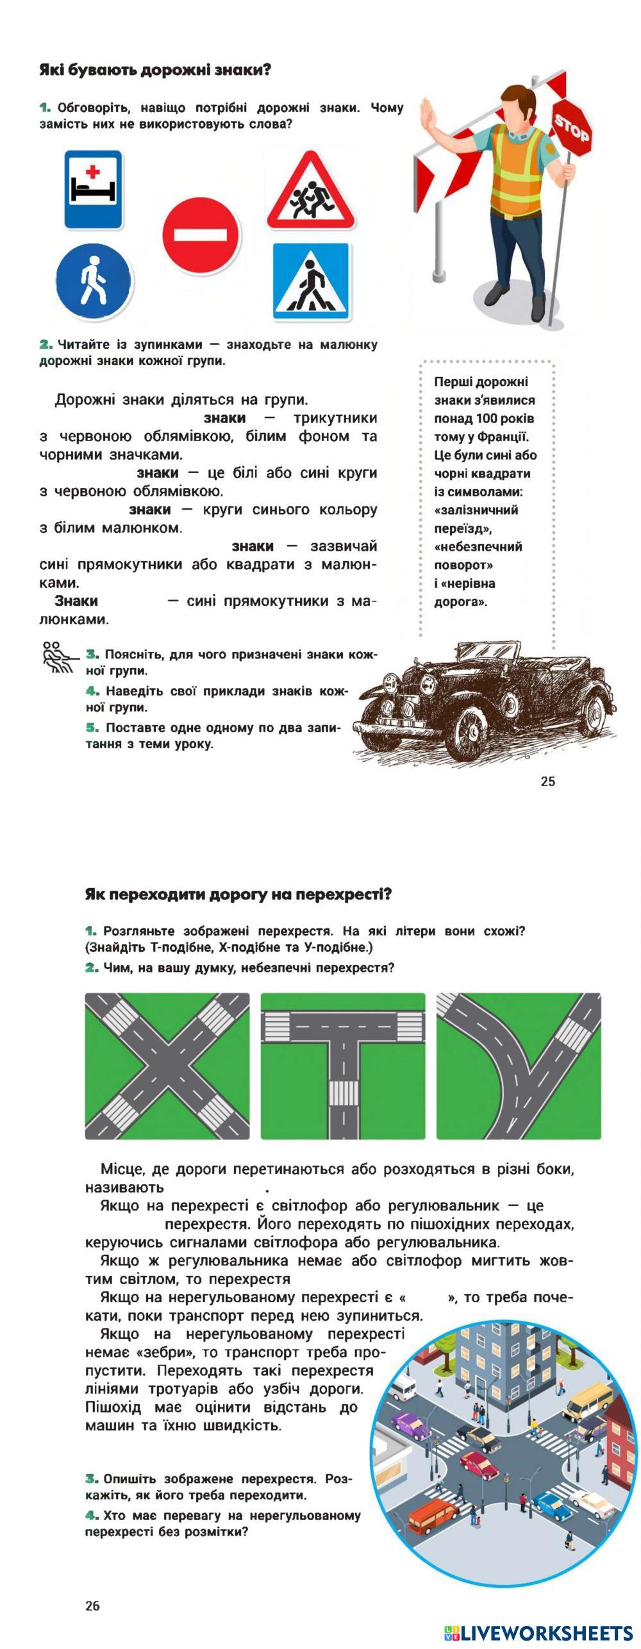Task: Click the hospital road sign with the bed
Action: pyautogui.click(x=93, y=189)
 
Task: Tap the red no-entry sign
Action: pyautogui.click(x=201, y=235)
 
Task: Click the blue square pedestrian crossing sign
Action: pyautogui.click(x=311, y=280)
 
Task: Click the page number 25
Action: pyautogui.click(x=547, y=781)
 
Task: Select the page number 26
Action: pyautogui.click(x=92, y=1605)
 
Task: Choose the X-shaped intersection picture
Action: pyautogui.click(x=167, y=1066)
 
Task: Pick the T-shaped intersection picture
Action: pyautogui.click(x=343, y=1066)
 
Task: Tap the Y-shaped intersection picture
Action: pyautogui.click(x=519, y=1066)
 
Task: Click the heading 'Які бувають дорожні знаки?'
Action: pyautogui.click(x=155, y=70)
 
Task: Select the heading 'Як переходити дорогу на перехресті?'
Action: pyautogui.click(x=238, y=894)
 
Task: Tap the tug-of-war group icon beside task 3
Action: pyautogui.click(x=59, y=657)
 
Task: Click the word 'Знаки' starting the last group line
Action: pyautogui.click(x=76, y=601)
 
